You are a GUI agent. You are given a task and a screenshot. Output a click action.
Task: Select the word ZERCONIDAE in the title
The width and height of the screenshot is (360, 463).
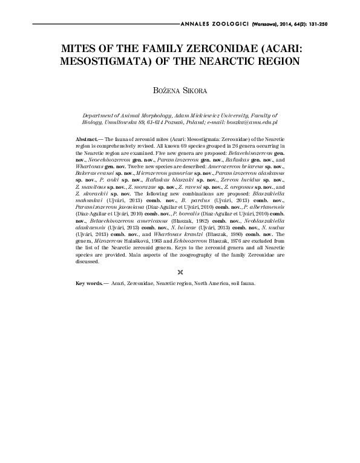224,49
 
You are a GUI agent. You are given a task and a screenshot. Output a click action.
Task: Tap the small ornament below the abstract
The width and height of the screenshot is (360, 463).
180,272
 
